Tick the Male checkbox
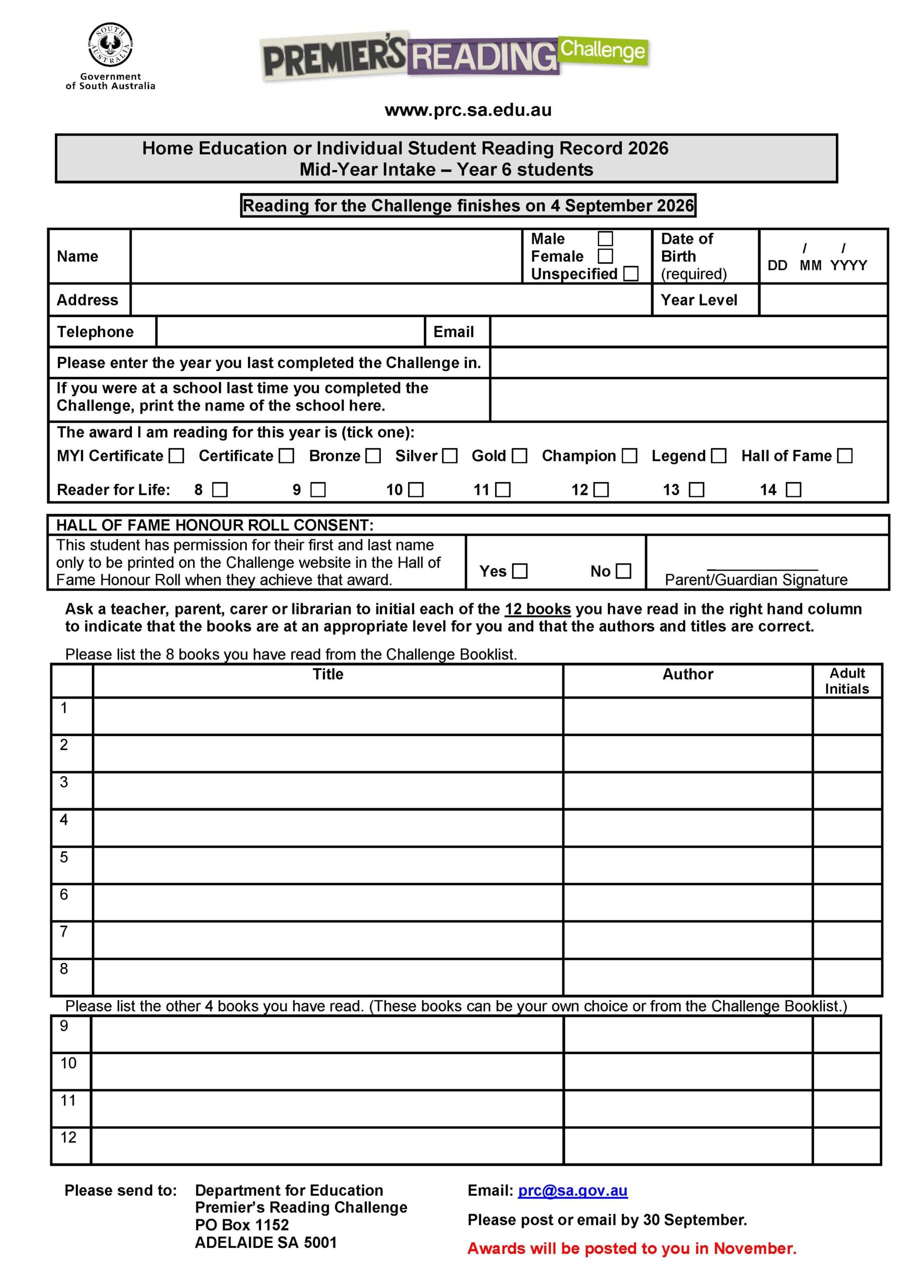[605, 239]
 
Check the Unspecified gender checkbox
[631, 274]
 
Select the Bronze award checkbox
[373, 456]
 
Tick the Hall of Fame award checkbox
[844, 456]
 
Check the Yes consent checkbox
[519, 571]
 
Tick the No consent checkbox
[623, 571]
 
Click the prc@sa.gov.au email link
[572, 1190]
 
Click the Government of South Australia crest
[110, 45]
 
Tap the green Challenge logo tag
[603, 50]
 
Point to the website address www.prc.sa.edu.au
[468, 110]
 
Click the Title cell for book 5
[328, 865]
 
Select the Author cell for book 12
[687, 1145]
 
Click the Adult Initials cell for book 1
[846, 716]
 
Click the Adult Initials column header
[846, 680]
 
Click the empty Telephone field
[290, 332]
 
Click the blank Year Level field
[822, 299]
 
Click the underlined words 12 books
[537, 609]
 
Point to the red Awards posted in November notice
[631, 1248]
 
